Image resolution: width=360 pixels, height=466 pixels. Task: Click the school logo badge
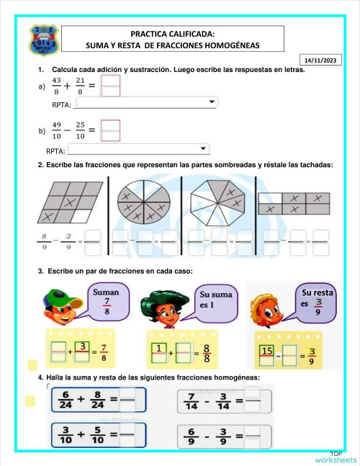click(x=39, y=42)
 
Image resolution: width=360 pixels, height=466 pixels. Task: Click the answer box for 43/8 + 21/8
click(x=111, y=87)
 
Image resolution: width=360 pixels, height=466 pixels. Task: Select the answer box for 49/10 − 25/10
click(x=111, y=130)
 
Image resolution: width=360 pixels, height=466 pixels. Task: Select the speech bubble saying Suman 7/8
click(x=107, y=301)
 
